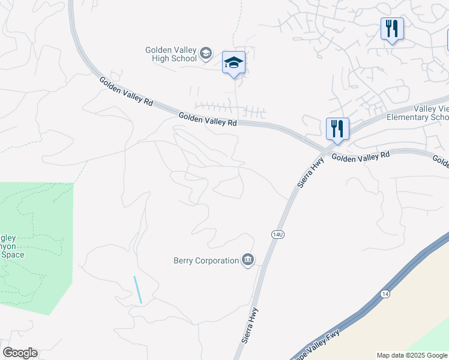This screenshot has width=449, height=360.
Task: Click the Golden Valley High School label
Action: [171, 54]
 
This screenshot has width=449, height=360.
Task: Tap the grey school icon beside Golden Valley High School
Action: [206, 54]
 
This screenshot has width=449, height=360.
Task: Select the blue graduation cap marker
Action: [234, 62]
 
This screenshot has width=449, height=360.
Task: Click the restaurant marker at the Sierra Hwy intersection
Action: [337, 128]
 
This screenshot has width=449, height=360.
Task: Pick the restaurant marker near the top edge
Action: [391, 28]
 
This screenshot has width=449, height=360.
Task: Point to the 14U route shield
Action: [277, 233]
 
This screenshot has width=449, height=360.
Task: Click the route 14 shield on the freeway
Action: [384, 293]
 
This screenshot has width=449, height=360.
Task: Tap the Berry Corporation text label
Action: [206, 260]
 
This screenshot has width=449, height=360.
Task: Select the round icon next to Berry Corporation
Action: [248, 260]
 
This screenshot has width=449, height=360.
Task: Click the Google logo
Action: [20, 353]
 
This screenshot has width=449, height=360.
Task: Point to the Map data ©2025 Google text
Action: [412, 355]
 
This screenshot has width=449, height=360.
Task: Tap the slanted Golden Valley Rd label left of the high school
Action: [126, 92]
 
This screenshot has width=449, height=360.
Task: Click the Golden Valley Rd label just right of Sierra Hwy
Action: [361, 157]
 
